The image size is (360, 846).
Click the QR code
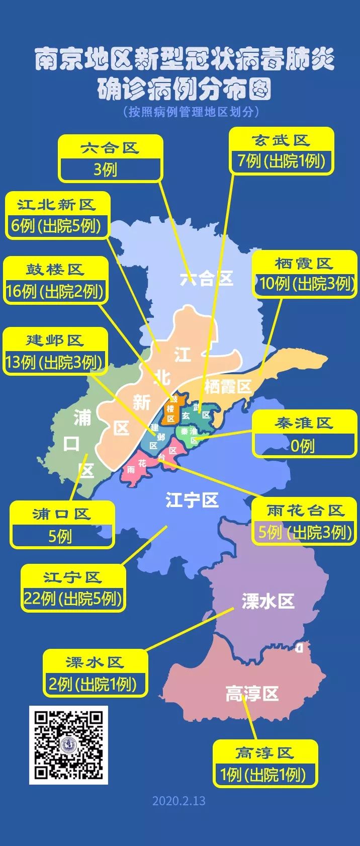tap(68, 745)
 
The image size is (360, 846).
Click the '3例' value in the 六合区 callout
tap(105, 170)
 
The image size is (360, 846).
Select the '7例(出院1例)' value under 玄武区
tap(282, 161)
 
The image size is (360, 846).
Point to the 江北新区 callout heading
tap(56, 205)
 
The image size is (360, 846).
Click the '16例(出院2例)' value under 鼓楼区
tap(55, 291)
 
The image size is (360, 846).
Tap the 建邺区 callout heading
tap(55, 341)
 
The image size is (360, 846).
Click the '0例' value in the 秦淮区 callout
tap(303, 446)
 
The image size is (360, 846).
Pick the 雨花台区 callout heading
tap(305, 511)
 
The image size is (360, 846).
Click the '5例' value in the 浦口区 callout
tap(60, 536)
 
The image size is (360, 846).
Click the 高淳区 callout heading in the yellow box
tap(264, 753)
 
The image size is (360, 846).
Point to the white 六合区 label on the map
tap(207, 278)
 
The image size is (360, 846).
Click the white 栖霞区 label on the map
tap(227, 386)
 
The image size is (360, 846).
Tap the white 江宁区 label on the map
tap(192, 500)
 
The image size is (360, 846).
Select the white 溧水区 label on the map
tap(267, 601)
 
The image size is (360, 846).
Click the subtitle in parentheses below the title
tap(192, 112)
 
